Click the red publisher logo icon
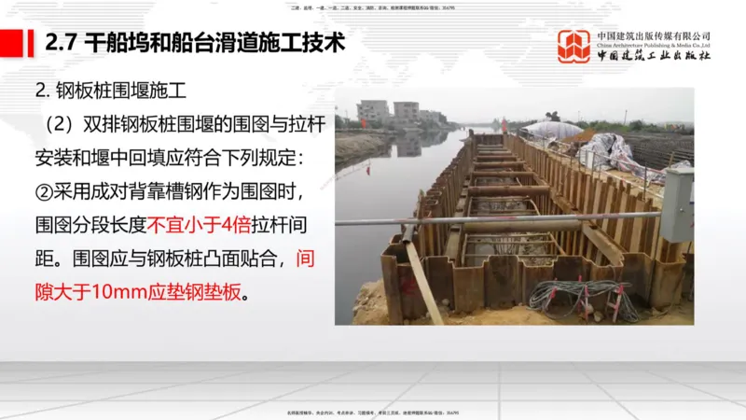tap(573, 46)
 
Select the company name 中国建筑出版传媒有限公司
tap(654, 35)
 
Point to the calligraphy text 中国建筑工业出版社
tap(654, 55)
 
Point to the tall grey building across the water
tap(373, 112)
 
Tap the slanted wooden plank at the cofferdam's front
tap(424, 280)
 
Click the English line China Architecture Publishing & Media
tap(654, 45)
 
